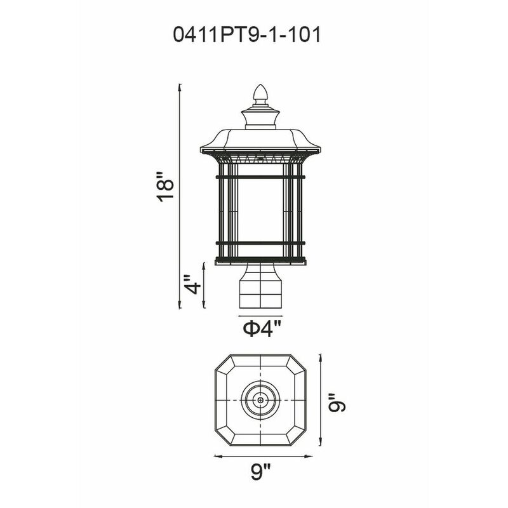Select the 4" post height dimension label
pyautogui.click(x=193, y=283)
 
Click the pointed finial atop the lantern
pyautogui.click(x=260, y=95)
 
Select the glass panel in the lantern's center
pyautogui.click(x=260, y=210)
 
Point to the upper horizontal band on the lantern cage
pyautogui.click(x=260, y=176)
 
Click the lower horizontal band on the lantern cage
pyautogui.click(x=260, y=243)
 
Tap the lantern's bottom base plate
pyautogui.click(x=260, y=260)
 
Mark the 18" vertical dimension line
pyautogui.click(x=180, y=190)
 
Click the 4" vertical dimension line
pyautogui.click(x=204, y=284)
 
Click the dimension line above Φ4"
pyautogui.click(x=260, y=315)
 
